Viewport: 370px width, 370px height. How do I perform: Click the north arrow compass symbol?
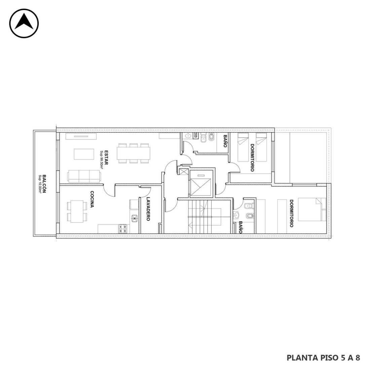pos(24,23)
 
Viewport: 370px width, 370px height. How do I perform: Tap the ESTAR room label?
pos(106,158)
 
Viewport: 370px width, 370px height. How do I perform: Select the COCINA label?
pos(92,199)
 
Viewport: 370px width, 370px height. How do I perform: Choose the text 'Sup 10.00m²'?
pos(40,184)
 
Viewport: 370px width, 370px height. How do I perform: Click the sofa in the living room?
pos(84,176)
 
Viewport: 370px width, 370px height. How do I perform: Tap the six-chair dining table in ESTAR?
pos(133,153)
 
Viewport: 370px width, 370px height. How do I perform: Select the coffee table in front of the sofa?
pos(84,154)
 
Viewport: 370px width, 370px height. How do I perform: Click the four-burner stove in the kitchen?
pos(123,229)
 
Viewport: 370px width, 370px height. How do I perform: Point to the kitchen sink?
pos(134,218)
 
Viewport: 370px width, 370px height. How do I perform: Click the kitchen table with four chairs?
pos(77,212)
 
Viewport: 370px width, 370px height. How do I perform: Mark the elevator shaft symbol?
pos(200,187)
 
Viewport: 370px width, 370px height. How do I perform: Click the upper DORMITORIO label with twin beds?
pos(252,158)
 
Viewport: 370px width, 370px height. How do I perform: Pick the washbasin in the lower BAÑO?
pos(236,215)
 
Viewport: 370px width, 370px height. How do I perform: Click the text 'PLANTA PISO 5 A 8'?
pos(323,358)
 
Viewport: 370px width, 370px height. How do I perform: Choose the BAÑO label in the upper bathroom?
pos(225,141)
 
